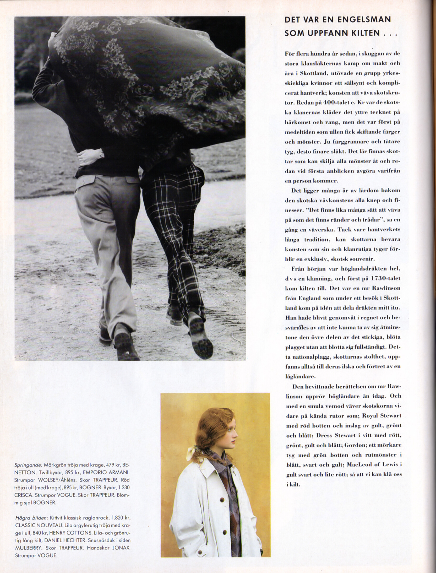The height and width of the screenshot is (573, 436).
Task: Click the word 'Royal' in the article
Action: pos(372,416)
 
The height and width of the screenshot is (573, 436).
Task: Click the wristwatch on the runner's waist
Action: pos(101,155)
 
